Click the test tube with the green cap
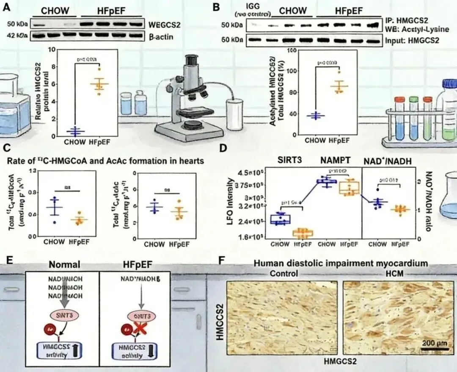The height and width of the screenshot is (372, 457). tap(413, 100)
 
